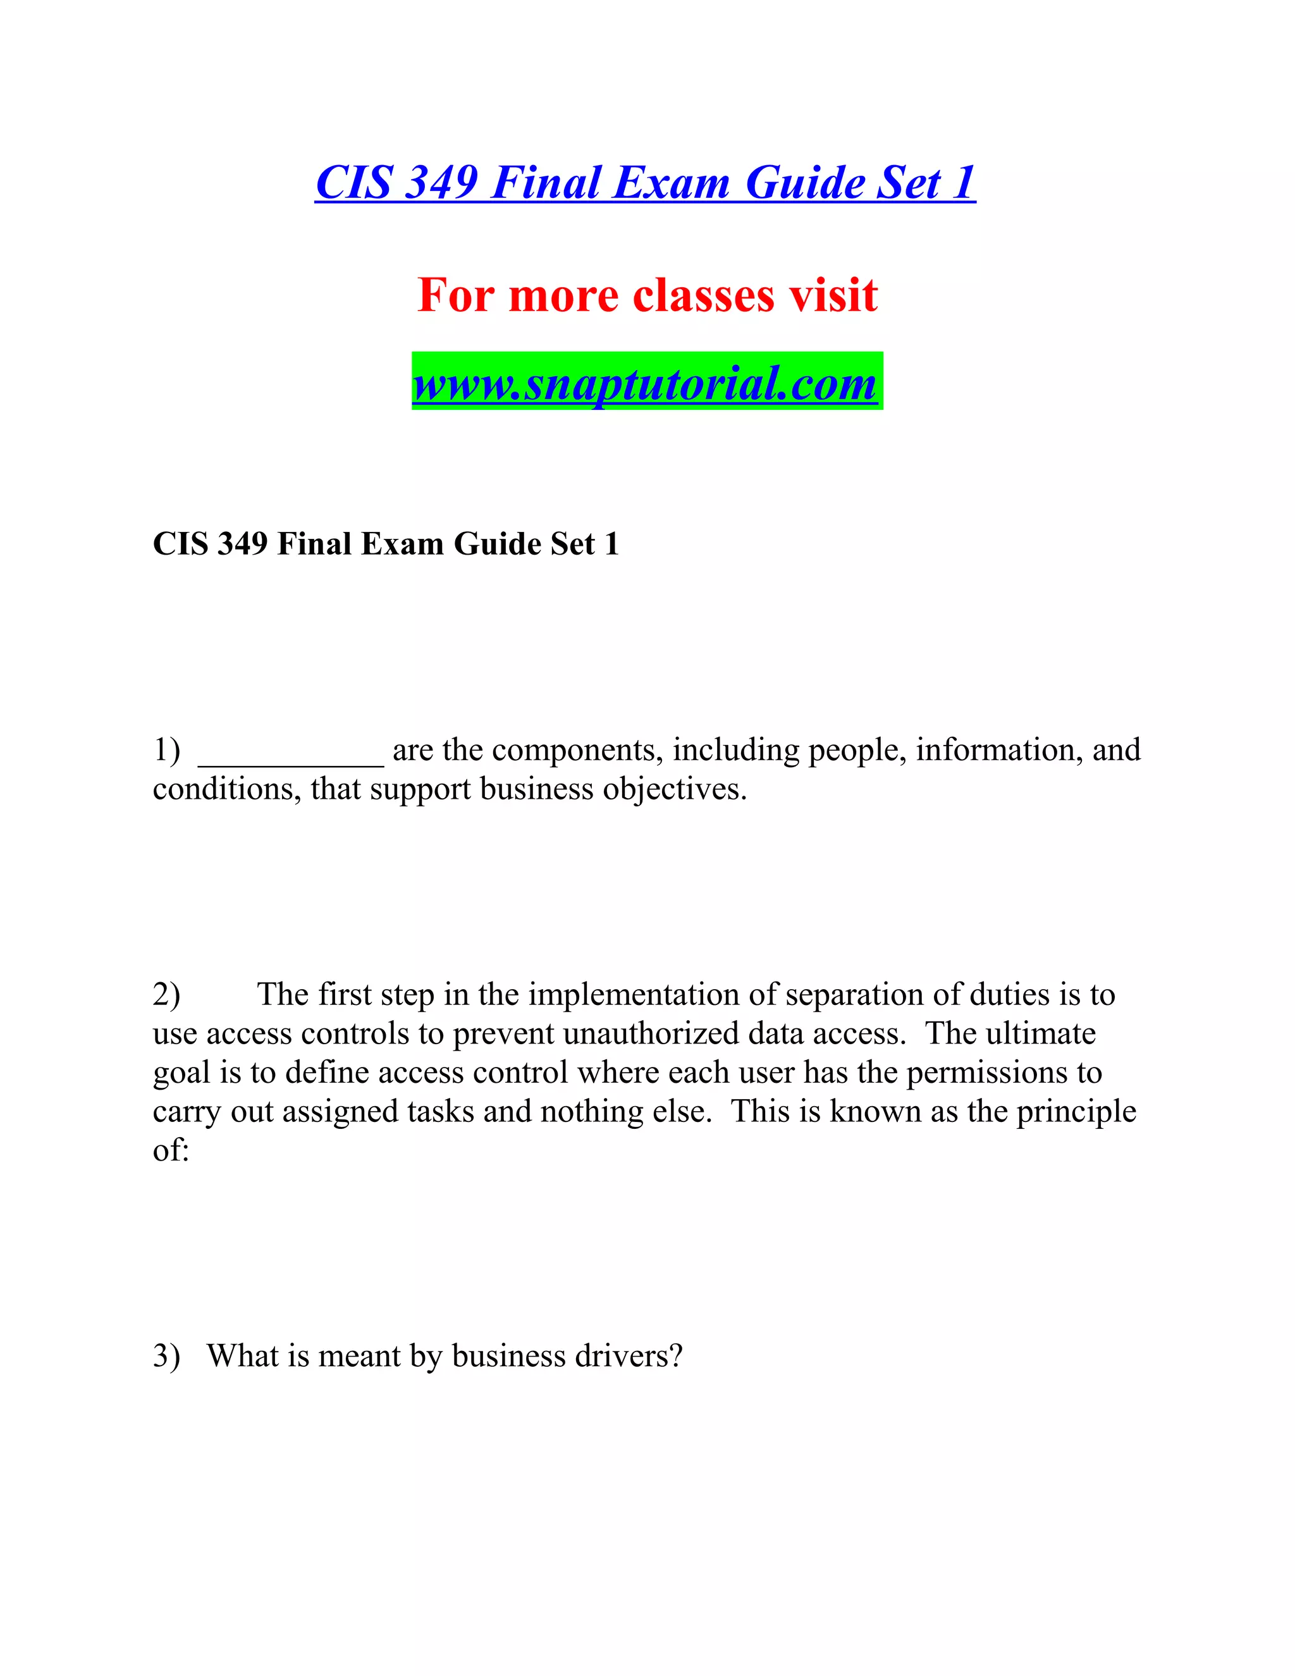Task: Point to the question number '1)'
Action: [166, 749]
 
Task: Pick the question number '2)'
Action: [166, 995]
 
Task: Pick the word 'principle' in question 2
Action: [1076, 1112]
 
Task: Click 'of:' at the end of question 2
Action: [170, 1150]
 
